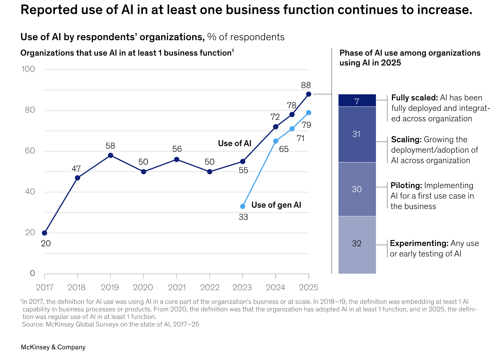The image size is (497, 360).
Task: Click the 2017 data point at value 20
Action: pyautogui.click(x=44, y=233)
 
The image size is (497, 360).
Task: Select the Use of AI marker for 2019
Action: pyautogui.click(x=111, y=155)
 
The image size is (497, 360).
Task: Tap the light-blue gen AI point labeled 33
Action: pyautogui.click(x=243, y=206)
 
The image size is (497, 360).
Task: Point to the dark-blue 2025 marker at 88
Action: pyautogui.click(x=309, y=94)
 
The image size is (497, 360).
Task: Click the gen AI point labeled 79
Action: pyautogui.click(x=309, y=113)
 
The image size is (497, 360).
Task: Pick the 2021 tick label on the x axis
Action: pyautogui.click(x=177, y=287)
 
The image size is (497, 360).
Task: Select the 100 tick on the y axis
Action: pyautogui.click(x=28, y=69)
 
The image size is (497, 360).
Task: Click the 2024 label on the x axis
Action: pyautogui.click(x=275, y=287)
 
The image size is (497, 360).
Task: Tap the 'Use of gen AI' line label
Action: pyautogui.click(x=276, y=205)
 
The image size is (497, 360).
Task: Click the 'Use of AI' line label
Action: pyautogui.click(x=235, y=143)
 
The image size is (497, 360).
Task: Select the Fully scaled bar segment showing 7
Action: pyautogui.click(x=357, y=101)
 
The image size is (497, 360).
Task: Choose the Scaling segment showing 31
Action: pyautogui.click(x=357, y=134)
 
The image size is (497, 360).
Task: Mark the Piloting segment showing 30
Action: pyautogui.click(x=357, y=189)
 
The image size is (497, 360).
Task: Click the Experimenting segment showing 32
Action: pyautogui.click(x=357, y=244)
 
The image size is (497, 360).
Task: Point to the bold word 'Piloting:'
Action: pyautogui.click(x=406, y=186)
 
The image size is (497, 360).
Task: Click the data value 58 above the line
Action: pyautogui.click(x=110, y=146)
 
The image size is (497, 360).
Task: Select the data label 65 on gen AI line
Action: pyautogui.click(x=284, y=149)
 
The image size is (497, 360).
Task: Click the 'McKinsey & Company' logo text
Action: pyautogui.click(x=53, y=347)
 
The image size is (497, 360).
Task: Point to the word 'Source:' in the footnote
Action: pyautogui.click(x=33, y=324)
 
